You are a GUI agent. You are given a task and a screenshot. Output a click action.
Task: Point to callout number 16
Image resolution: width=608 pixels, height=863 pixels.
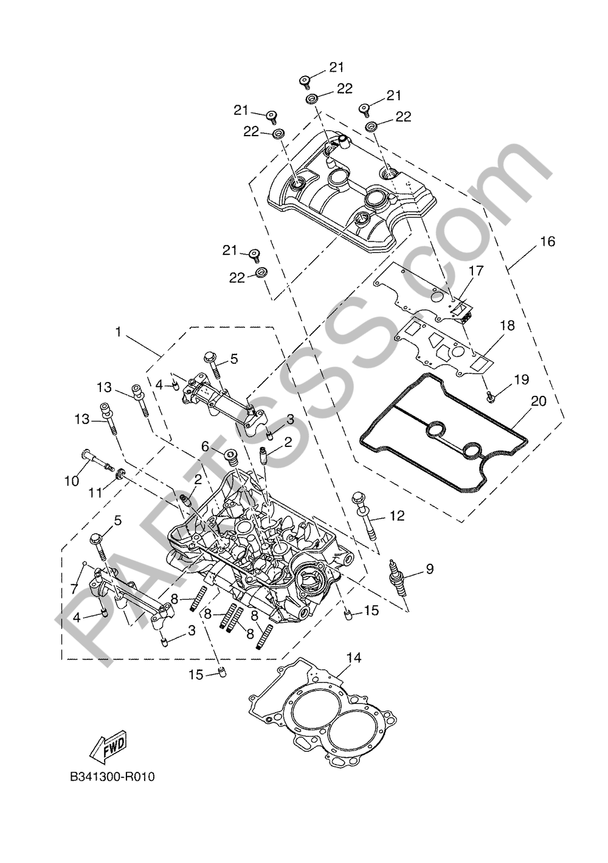[547, 241]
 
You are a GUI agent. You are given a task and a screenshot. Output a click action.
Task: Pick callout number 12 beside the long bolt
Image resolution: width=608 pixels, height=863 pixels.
[396, 516]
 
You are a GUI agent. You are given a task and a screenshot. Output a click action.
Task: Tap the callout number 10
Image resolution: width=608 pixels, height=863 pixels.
[72, 481]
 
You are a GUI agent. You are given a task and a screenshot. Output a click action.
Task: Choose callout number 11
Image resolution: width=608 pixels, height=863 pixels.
[95, 492]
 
